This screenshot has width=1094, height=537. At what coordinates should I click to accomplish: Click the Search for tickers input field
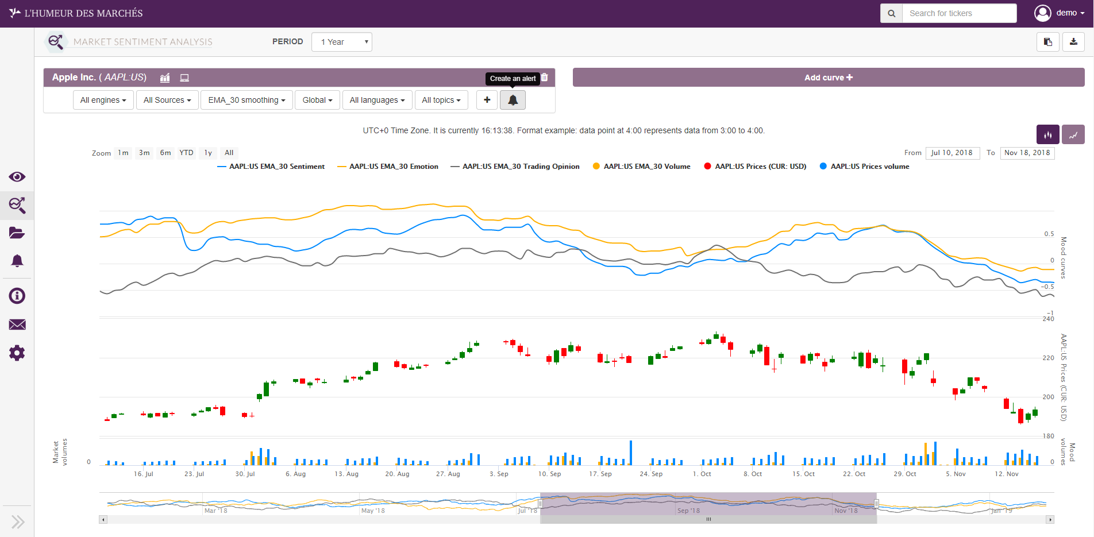958,13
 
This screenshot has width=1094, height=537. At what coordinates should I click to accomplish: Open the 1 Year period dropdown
342,42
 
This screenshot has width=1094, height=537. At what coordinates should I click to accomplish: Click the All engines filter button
103,100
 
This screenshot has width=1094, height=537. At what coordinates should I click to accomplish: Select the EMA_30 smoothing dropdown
246,100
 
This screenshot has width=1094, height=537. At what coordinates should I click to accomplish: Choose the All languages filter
377,100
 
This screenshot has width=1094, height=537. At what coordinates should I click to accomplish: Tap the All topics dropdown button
441,100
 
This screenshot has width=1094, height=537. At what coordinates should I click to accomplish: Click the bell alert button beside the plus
513,100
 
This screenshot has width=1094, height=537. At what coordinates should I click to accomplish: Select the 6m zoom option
165,153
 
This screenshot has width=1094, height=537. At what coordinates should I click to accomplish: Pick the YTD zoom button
186,153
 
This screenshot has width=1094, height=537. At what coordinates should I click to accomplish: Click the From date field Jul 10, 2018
952,153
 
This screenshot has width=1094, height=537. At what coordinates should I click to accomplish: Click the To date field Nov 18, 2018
1027,153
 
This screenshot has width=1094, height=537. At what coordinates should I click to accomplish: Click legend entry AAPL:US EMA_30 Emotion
394,167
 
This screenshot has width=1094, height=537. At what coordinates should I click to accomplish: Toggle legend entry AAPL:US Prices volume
869,167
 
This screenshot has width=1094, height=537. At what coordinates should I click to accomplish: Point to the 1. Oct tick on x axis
702,474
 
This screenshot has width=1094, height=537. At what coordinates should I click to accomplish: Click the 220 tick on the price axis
1048,358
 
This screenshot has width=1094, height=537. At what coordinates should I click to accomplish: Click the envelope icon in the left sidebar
17,324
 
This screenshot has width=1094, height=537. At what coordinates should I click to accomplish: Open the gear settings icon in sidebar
17,353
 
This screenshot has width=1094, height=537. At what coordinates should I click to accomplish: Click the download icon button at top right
1073,42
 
